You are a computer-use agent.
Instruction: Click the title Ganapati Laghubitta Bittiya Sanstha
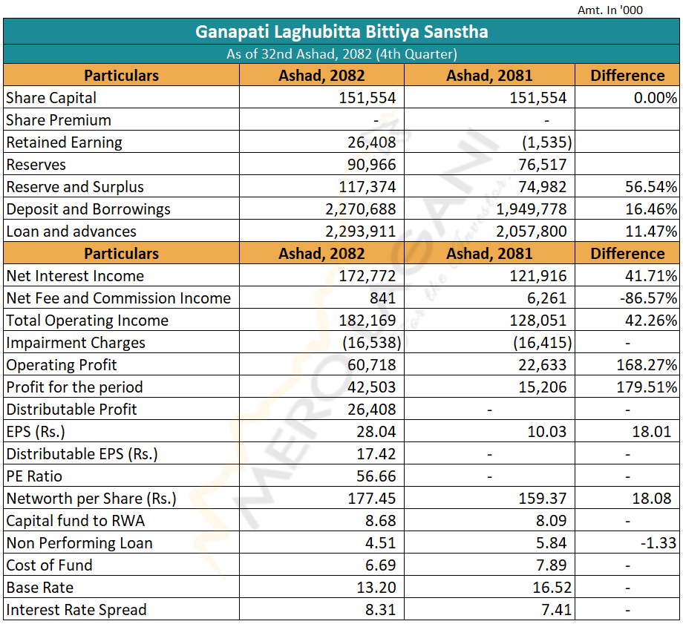[341, 32]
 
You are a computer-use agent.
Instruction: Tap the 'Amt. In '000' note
[610, 10]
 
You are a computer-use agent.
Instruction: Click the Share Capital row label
[51, 97]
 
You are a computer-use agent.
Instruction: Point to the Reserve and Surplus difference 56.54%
[651, 187]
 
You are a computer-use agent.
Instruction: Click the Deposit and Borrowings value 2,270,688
[361, 209]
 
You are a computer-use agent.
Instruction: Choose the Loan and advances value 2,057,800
[532, 231]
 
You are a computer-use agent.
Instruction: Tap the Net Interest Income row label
[75, 275]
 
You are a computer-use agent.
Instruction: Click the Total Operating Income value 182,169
[367, 320]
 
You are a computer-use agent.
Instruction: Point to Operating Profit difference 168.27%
[647, 364]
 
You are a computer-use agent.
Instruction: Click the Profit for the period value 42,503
[371, 387]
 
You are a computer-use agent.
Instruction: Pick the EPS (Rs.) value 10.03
[546, 432]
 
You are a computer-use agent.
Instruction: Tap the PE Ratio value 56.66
[376, 476]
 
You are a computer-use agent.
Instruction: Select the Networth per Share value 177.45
[371, 498]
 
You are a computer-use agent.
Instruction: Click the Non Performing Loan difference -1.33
[659, 542]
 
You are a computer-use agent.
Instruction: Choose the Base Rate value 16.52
[552, 587]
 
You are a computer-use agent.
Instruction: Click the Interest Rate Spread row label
[76, 610]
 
